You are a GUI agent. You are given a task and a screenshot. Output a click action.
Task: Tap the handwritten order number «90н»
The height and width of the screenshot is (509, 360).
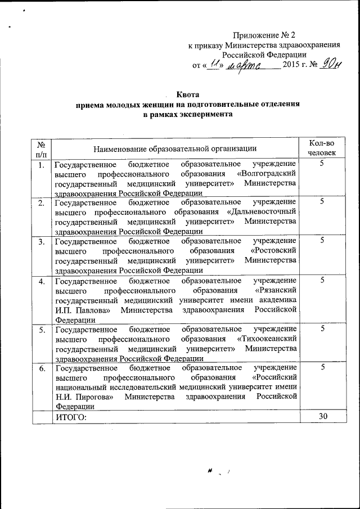pos(329,65)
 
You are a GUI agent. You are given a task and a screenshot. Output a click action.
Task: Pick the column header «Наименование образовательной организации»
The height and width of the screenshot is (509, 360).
pos(175,148)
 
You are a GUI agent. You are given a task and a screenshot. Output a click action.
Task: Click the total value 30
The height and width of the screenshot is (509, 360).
pos(322,416)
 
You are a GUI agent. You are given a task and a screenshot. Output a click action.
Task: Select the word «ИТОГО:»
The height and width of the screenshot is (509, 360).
pos(71,417)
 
